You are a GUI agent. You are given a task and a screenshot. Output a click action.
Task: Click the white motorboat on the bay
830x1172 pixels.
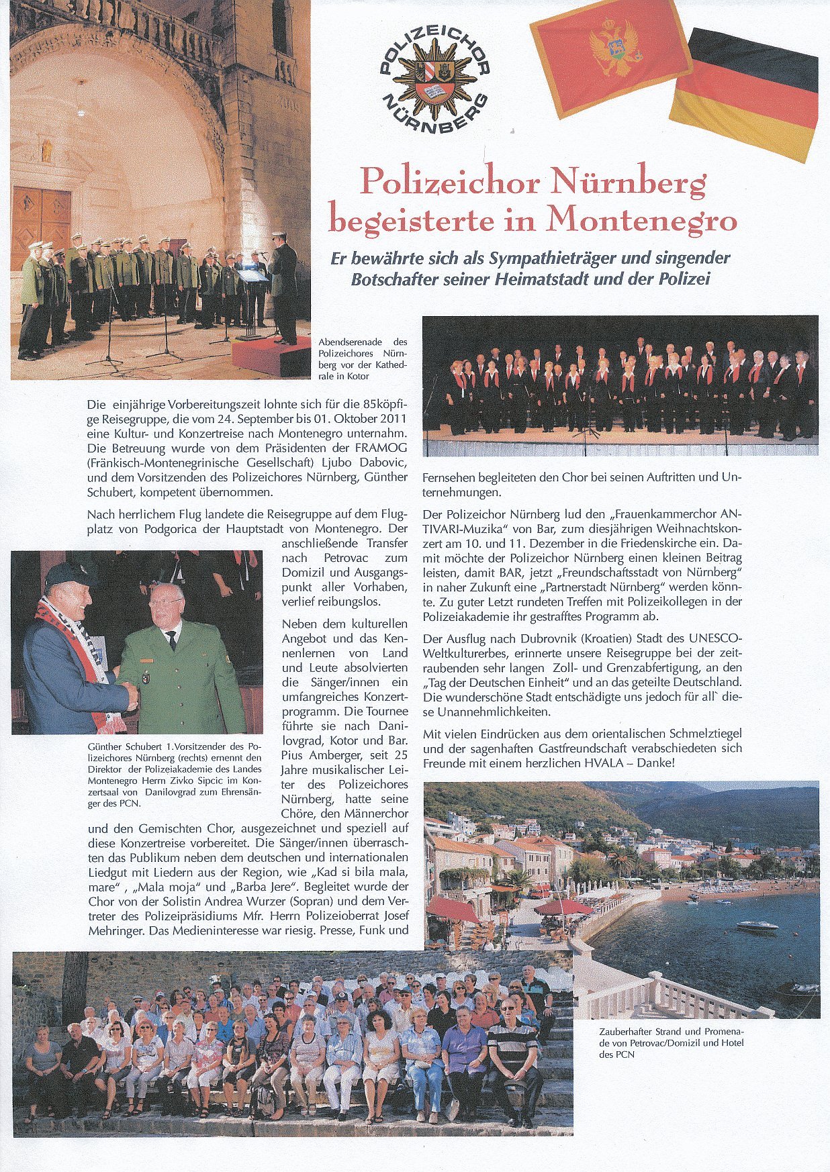pos(757,926)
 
